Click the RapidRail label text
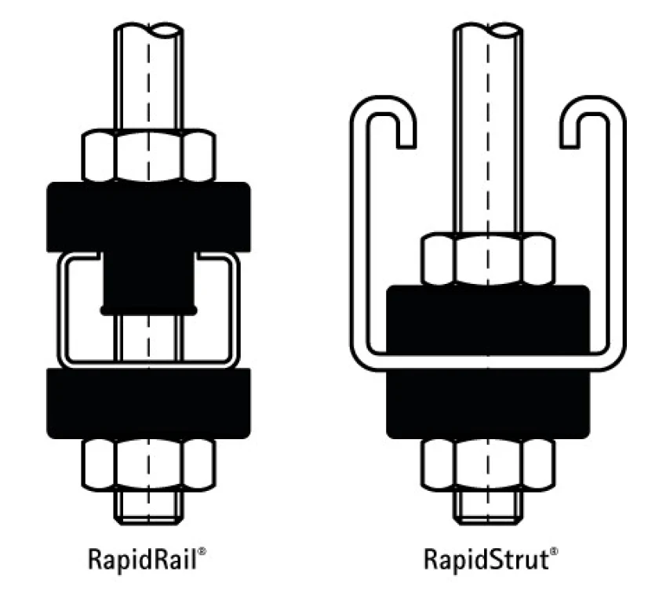point(142,559)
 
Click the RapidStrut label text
point(486,559)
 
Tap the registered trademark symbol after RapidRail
point(202,551)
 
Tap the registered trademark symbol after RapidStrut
point(554,551)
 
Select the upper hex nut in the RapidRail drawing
point(149,156)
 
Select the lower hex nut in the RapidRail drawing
point(149,464)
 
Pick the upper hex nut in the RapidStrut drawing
point(488,259)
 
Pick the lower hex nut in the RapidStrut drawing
point(488,464)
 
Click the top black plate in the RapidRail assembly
point(149,217)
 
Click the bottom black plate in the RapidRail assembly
point(149,404)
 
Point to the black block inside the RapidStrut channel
point(488,319)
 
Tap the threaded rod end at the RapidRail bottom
point(149,507)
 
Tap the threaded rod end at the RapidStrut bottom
point(488,507)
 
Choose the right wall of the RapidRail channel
point(235,311)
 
